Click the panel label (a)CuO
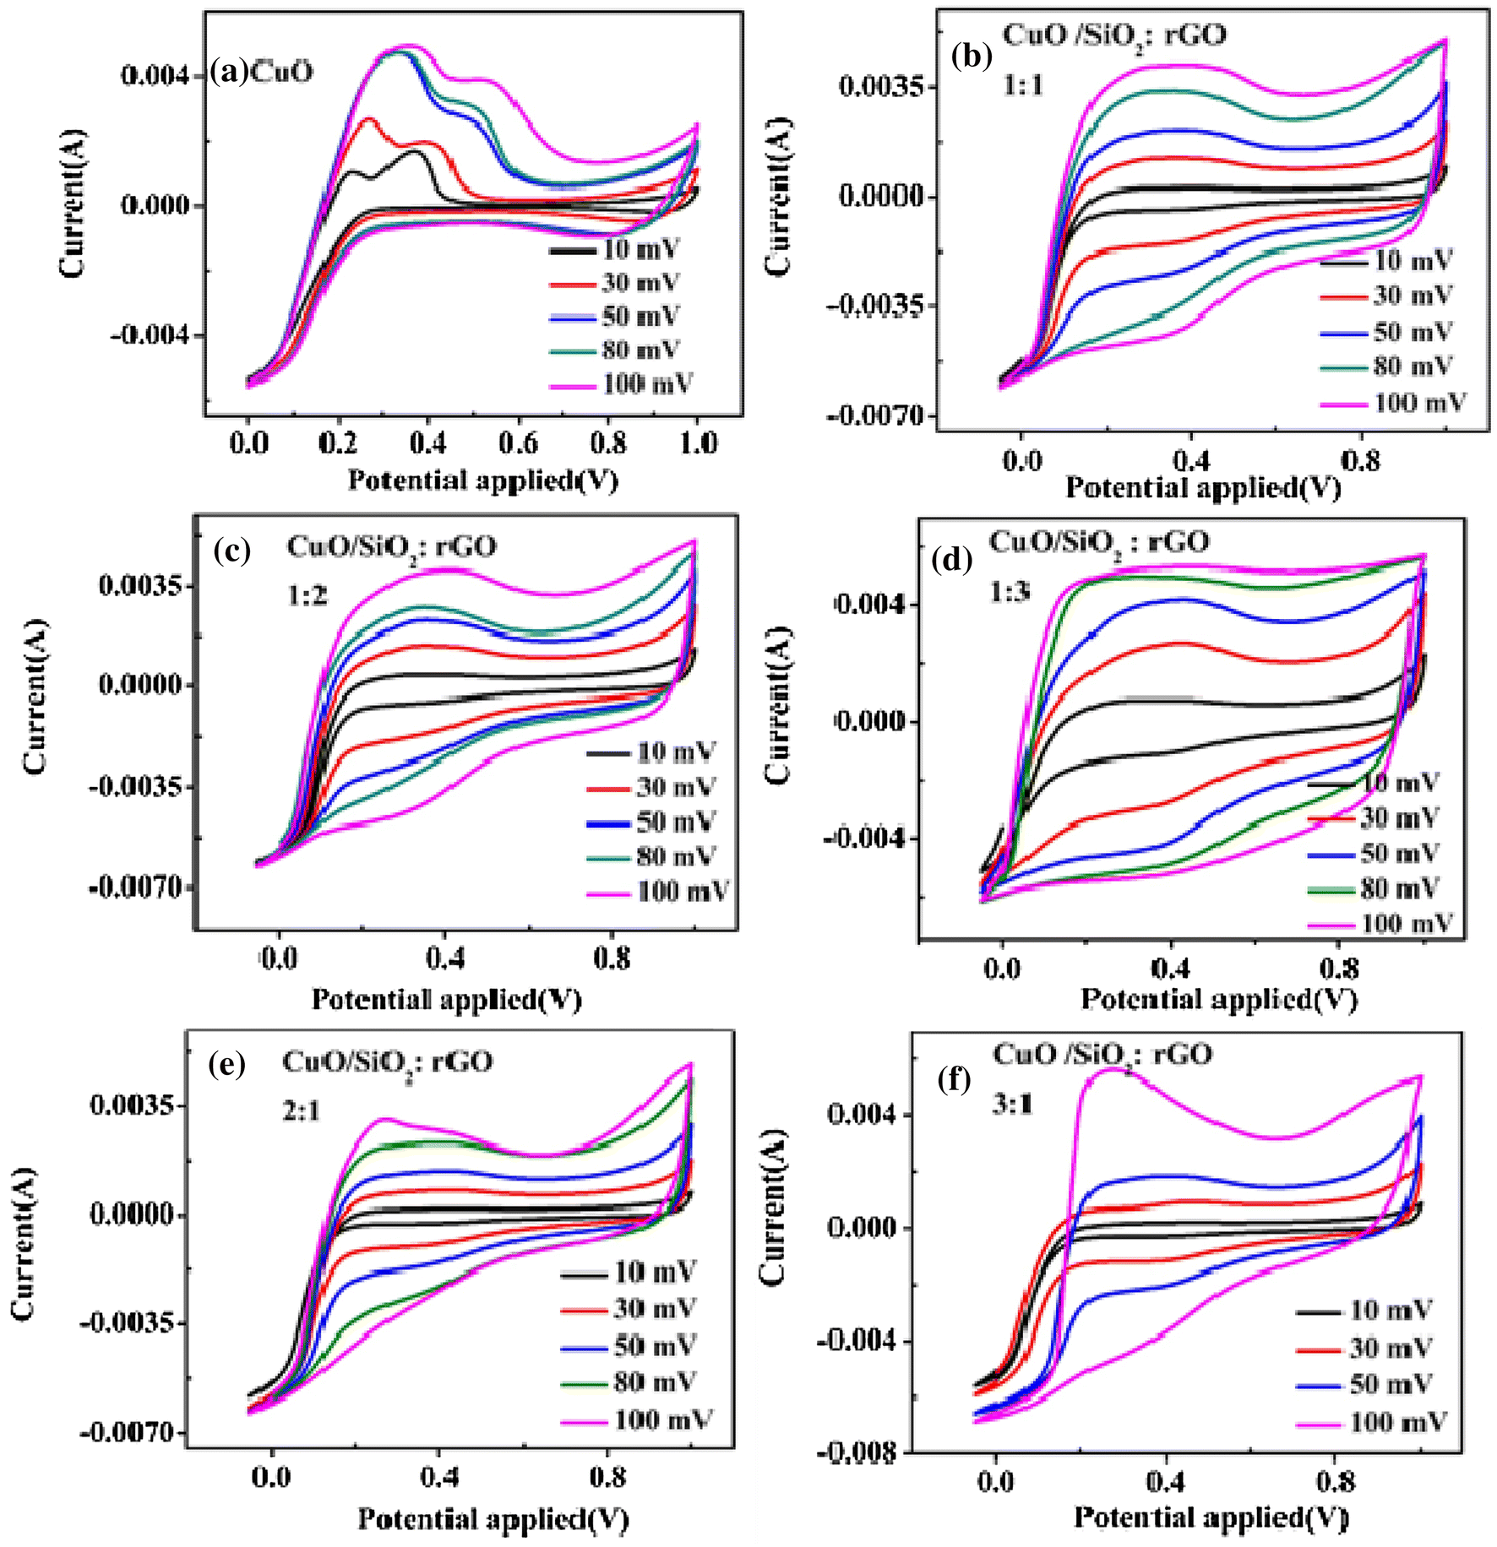click(x=261, y=72)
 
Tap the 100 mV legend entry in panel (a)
click(x=646, y=384)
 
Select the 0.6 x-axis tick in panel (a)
click(x=518, y=442)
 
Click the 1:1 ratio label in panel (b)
click(x=1023, y=85)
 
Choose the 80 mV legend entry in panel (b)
click(x=1412, y=366)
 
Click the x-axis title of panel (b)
click(x=1203, y=487)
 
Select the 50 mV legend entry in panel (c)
click(x=675, y=822)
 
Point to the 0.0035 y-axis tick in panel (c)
click(x=140, y=585)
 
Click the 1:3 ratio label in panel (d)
click(x=1010, y=592)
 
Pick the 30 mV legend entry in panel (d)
click(x=1399, y=817)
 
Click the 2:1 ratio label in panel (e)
click(x=302, y=1111)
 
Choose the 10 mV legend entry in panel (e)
click(x=655, y=1272)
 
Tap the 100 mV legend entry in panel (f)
click(x=1397, y=1423)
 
